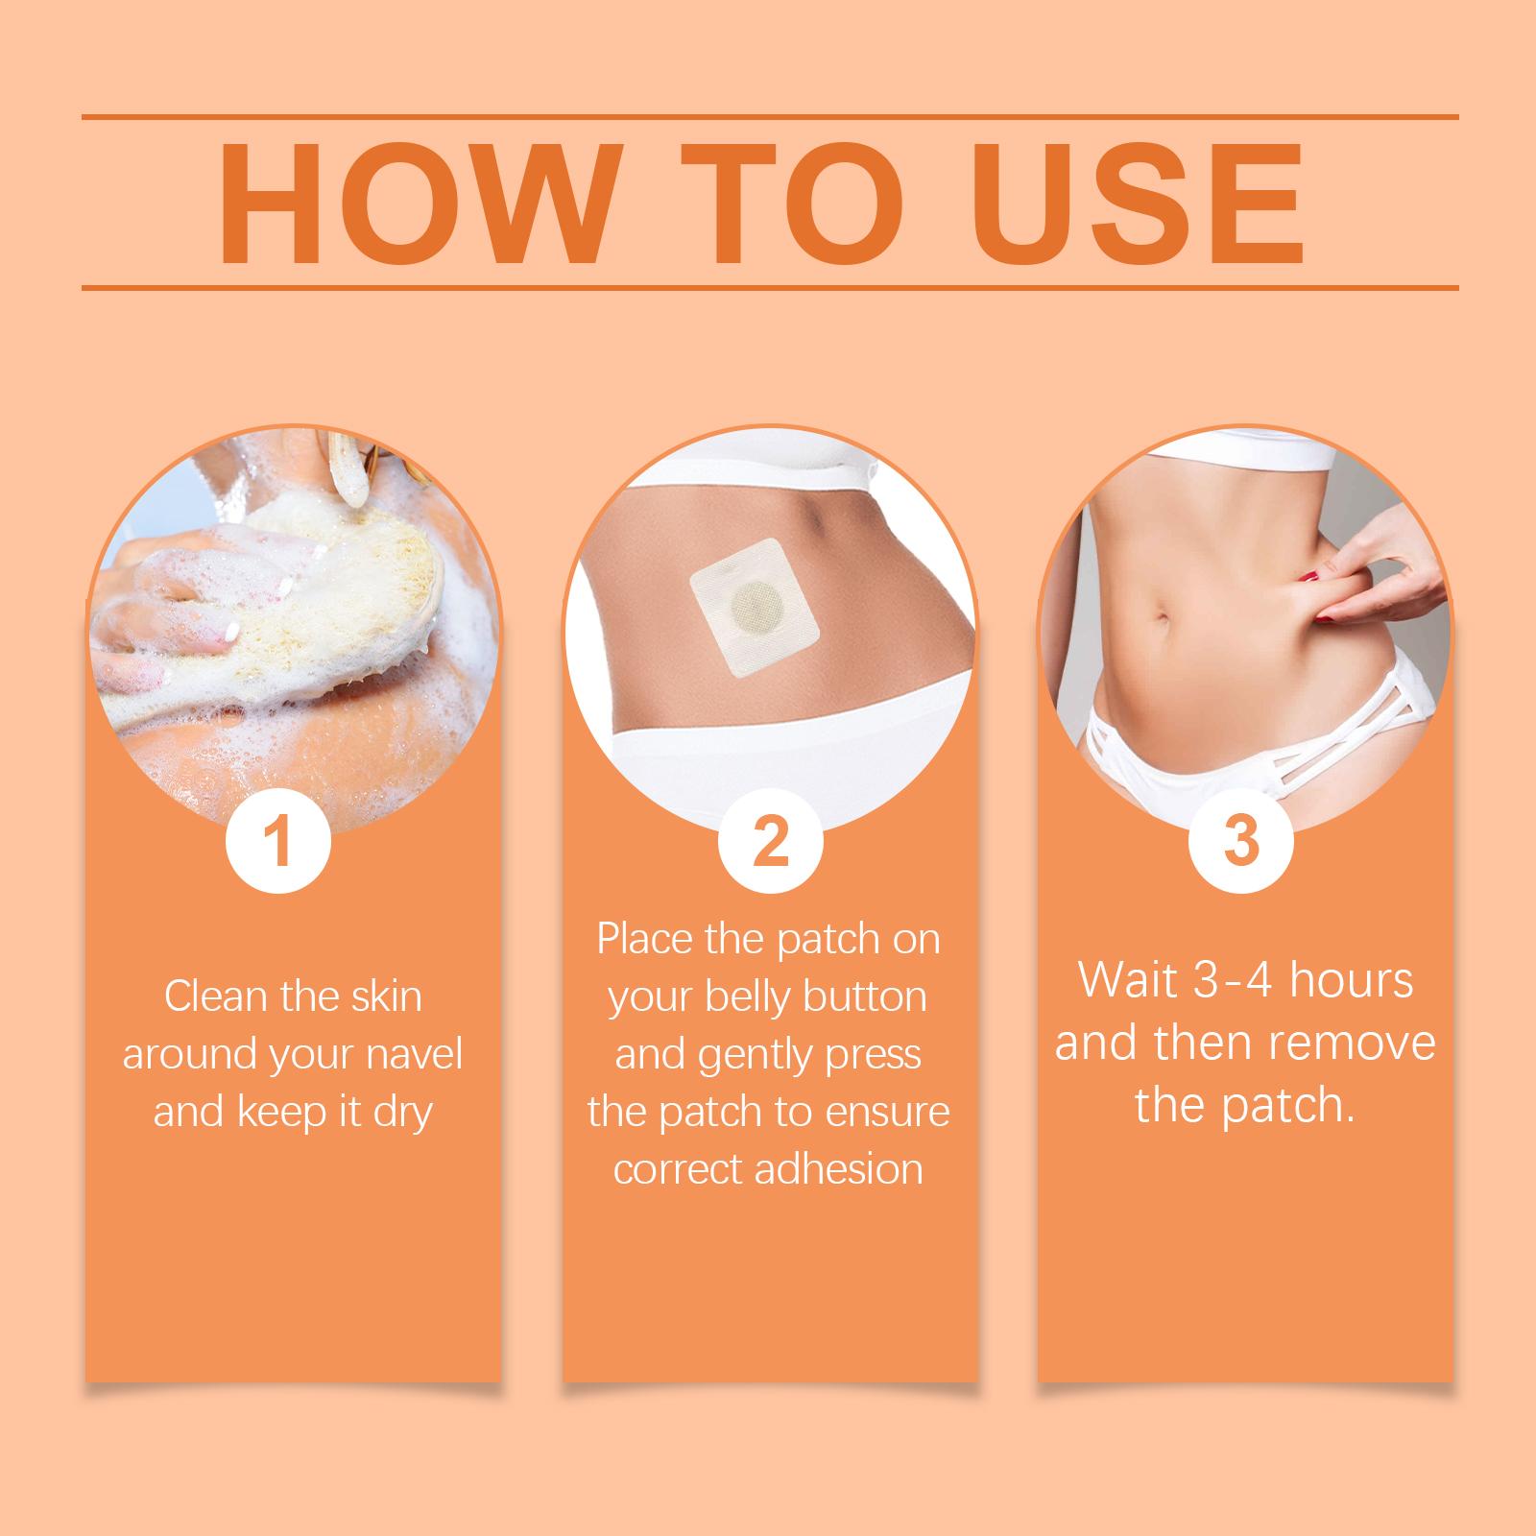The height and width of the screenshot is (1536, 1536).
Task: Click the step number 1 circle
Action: click(277, 842)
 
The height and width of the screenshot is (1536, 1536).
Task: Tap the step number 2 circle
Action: click(771, 842)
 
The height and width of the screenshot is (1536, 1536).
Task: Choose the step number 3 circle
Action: click(1241, 842)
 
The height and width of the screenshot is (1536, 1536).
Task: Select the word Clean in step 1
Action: click(215, 996)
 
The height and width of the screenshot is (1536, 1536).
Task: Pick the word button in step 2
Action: click(867, 996)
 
